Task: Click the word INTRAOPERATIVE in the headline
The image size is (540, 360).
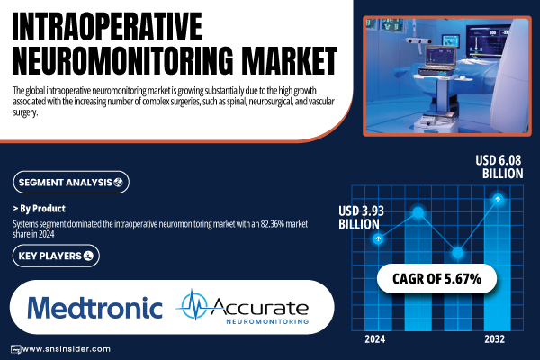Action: [x=107, y=26]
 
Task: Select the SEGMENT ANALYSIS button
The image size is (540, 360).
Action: [x=71, y=182]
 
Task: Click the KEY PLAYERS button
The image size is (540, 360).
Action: [x=56, y=256]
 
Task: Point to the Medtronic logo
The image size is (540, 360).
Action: [x=94, y=308]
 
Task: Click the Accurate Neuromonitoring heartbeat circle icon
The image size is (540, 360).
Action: [x=194, y=305]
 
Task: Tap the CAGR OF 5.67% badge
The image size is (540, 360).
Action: [x=436, y=279]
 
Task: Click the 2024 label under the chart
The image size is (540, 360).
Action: [x=375, y=339]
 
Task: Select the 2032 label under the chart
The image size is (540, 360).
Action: [x=494, y=339]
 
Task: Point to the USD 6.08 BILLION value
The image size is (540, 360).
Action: [x=499, y=166]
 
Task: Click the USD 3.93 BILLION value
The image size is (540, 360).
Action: [x=361, y=218]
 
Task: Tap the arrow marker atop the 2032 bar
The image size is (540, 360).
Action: [x=498, y=199]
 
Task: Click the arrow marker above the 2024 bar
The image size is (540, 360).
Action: [x=378, y=238]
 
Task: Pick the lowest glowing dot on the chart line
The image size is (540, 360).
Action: [x=458, y=253]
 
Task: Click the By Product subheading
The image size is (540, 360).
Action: [x=40, y=209]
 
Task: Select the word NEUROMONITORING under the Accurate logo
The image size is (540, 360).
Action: [x=267, y=321]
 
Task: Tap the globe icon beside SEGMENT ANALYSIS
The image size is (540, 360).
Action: [x=119, y=182]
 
